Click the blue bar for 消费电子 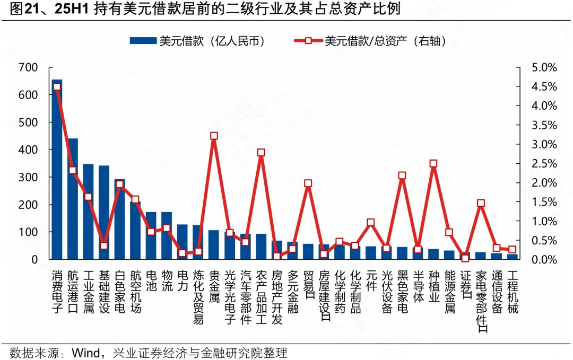coord(57,170)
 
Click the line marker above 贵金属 coord(214,136)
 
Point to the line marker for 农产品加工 coord(261,153)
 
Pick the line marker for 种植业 coord(433,163)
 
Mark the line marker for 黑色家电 coord(402,175)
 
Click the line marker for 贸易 coord(308,183)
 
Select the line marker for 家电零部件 coord(481,203)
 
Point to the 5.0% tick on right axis coord(544,67)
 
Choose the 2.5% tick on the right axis coord(544,163)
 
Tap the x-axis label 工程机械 coord(512,292)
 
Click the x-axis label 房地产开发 coord(276,297)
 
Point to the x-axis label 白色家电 coord(120,292)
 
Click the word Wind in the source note coord(85,353)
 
